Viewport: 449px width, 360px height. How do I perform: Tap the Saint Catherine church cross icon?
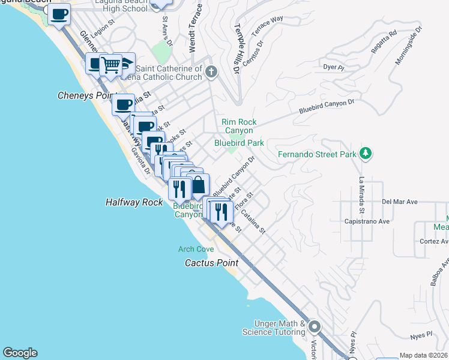pos(210,73)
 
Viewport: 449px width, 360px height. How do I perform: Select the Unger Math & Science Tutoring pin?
pos(315,328)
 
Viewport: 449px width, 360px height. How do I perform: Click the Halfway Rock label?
pos(134,203)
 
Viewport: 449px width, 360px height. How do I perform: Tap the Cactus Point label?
pos(211,263)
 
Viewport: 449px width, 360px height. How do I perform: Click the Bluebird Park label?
pos(240,143)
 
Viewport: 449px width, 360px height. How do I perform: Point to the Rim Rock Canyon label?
pos(239,126)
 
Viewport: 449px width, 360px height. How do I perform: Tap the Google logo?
pos(20,353)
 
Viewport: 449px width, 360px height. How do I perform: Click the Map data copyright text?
pos(423,355)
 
